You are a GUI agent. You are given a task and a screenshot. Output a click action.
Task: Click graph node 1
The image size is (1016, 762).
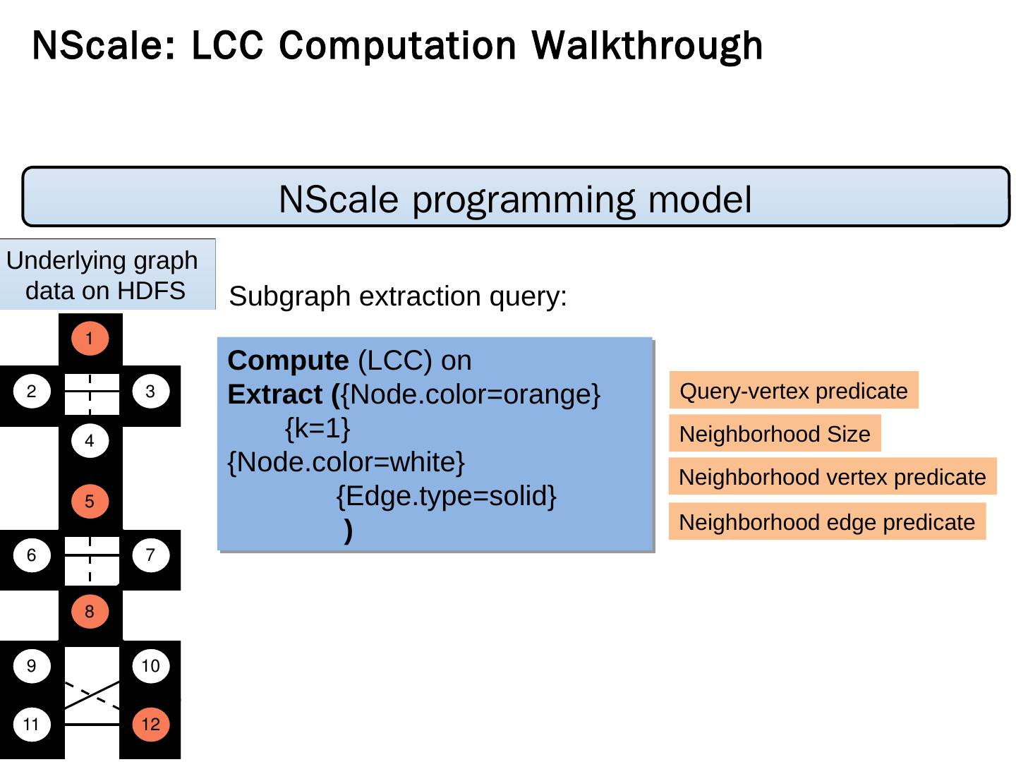pyautogui.click(x=90, y=339)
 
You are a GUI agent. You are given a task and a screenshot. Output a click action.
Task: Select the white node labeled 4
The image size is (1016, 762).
pyautogui.click(x=90, y=442)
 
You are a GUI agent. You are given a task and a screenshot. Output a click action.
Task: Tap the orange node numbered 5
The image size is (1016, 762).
pyautogui.click(x=90, y=502)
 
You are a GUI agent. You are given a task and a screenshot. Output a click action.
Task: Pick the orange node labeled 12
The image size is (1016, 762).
pyautogui.click(x=150, y=725)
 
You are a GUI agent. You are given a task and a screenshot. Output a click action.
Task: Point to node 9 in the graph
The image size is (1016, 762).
pyautogui.click(x=32, y=665)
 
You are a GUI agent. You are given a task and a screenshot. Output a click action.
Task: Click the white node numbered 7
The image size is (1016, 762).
pyautogui.click(x=150, y=555)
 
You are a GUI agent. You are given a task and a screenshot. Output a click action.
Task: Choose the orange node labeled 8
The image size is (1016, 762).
pyautogui.click(x=90, y=612)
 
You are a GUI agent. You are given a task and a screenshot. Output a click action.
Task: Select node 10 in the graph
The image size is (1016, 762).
pyautogui.click(x=150, y=665)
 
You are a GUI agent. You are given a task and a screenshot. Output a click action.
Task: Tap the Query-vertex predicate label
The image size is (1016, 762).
pyautogui.click(x=794, y=390)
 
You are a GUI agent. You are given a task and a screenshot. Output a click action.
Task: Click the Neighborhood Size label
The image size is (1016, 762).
pyautogui.click(x=775, y=434)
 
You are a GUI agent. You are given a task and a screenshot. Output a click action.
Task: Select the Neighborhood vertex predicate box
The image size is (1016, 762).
pyautogui.click(x=832, y=477)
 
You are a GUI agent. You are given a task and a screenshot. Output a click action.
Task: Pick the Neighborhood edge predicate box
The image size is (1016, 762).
pyautogui.click(x=826, y=522)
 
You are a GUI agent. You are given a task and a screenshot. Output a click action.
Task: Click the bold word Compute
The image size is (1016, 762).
pyautogui.click(x=288, y=361)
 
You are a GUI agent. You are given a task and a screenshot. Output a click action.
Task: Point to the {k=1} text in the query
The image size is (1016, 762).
pyautogui.click(x=317, y=428)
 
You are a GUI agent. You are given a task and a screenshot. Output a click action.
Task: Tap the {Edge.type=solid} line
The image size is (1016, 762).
pyautogui.click(x=447, y=496)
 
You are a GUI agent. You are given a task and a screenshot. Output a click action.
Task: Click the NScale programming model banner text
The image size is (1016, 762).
pyautogui.click(x=515, y=199)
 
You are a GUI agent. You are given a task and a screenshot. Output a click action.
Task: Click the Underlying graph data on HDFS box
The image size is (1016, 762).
pyautogui.click(x=106, y=275)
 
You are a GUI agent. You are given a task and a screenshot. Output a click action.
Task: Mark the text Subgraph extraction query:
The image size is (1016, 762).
pyautogui.click(x=399, y=296)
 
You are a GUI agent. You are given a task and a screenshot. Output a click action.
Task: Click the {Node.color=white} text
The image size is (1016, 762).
pyautogui.click(x=346, y=462)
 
